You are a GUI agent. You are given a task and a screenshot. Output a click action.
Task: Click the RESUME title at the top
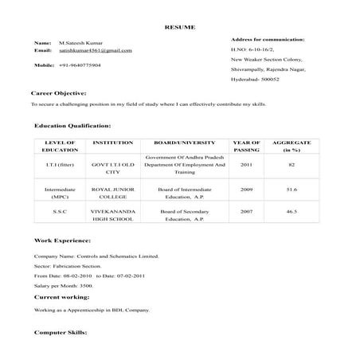(x=179, y=26)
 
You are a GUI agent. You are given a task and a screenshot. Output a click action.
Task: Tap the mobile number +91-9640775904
(x=80, y=65)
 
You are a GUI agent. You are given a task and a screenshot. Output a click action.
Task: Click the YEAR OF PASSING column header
(x=246, y=146)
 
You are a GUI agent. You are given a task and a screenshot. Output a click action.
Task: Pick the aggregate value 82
(x=292, y=165)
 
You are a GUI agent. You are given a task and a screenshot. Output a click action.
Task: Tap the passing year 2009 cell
(x=246, y=190)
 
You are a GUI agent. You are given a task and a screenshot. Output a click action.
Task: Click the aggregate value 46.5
(x=292, y=212)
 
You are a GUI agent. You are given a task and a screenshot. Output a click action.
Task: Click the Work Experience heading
(x=63, y=239)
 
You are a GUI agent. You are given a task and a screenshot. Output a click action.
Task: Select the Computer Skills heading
(x=61, y=331)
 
